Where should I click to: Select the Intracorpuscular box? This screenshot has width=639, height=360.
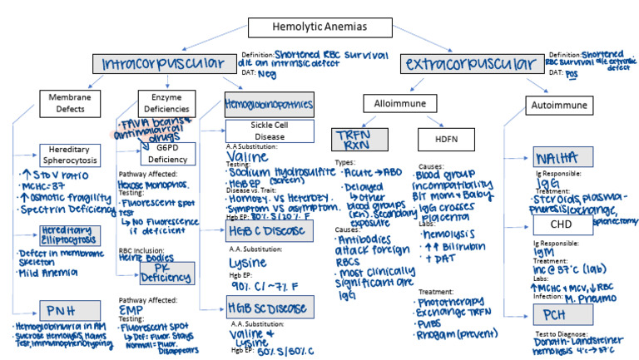(163, 63)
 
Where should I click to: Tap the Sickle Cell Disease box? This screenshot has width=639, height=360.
(270, 131)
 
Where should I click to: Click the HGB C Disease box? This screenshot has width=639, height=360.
(269, 230)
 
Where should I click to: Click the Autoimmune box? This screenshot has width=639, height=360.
(557, 104)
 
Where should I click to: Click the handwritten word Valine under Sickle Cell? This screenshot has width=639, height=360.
(253, 155)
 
